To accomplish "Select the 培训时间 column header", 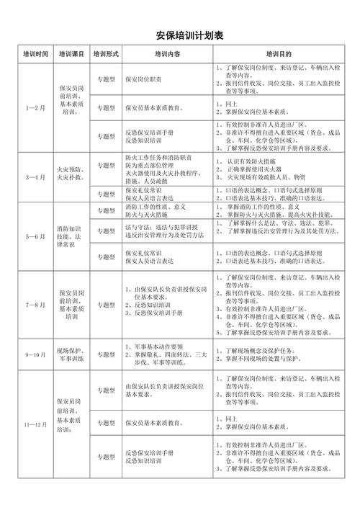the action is coord(35,54).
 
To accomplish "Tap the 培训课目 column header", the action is coord(72,54).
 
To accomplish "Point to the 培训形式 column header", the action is coord(106,54).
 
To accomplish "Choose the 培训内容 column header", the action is coord(167,54).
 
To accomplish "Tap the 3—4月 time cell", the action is coord(35,176).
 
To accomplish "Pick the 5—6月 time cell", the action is coord(35,236).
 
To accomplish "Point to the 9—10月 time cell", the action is coord(35,355).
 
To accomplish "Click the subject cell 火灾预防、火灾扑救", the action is coord(72,173).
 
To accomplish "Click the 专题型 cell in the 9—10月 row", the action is coord(106,355).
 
